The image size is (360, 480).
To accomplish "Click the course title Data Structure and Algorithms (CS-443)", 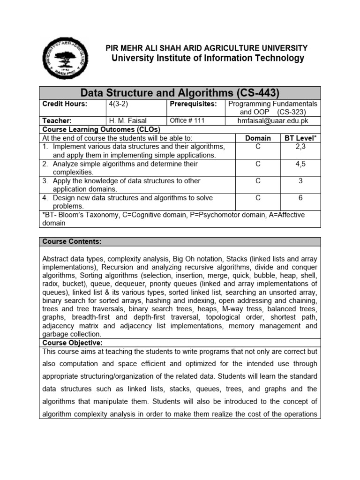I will [180, 92].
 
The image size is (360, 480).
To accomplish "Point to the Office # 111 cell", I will [187, 120].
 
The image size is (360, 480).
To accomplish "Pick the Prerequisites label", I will [193, 104].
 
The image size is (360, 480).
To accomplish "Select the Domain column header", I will [258, 138].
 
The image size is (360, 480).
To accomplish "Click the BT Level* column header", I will [300, 138].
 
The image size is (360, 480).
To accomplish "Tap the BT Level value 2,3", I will [300, 147].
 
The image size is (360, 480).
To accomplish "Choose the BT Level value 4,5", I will [300, 164].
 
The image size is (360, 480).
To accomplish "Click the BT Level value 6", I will [300, 198].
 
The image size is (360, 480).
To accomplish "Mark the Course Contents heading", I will [71, 241].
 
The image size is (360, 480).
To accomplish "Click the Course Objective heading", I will [72, 343].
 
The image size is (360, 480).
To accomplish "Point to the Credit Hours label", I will [61, 104].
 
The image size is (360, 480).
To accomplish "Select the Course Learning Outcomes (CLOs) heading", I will [101, 129].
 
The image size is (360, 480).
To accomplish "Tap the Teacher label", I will [57, 120].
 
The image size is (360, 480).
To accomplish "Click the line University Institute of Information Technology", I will [207, 58].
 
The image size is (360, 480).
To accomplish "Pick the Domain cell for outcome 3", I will [258, 181].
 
